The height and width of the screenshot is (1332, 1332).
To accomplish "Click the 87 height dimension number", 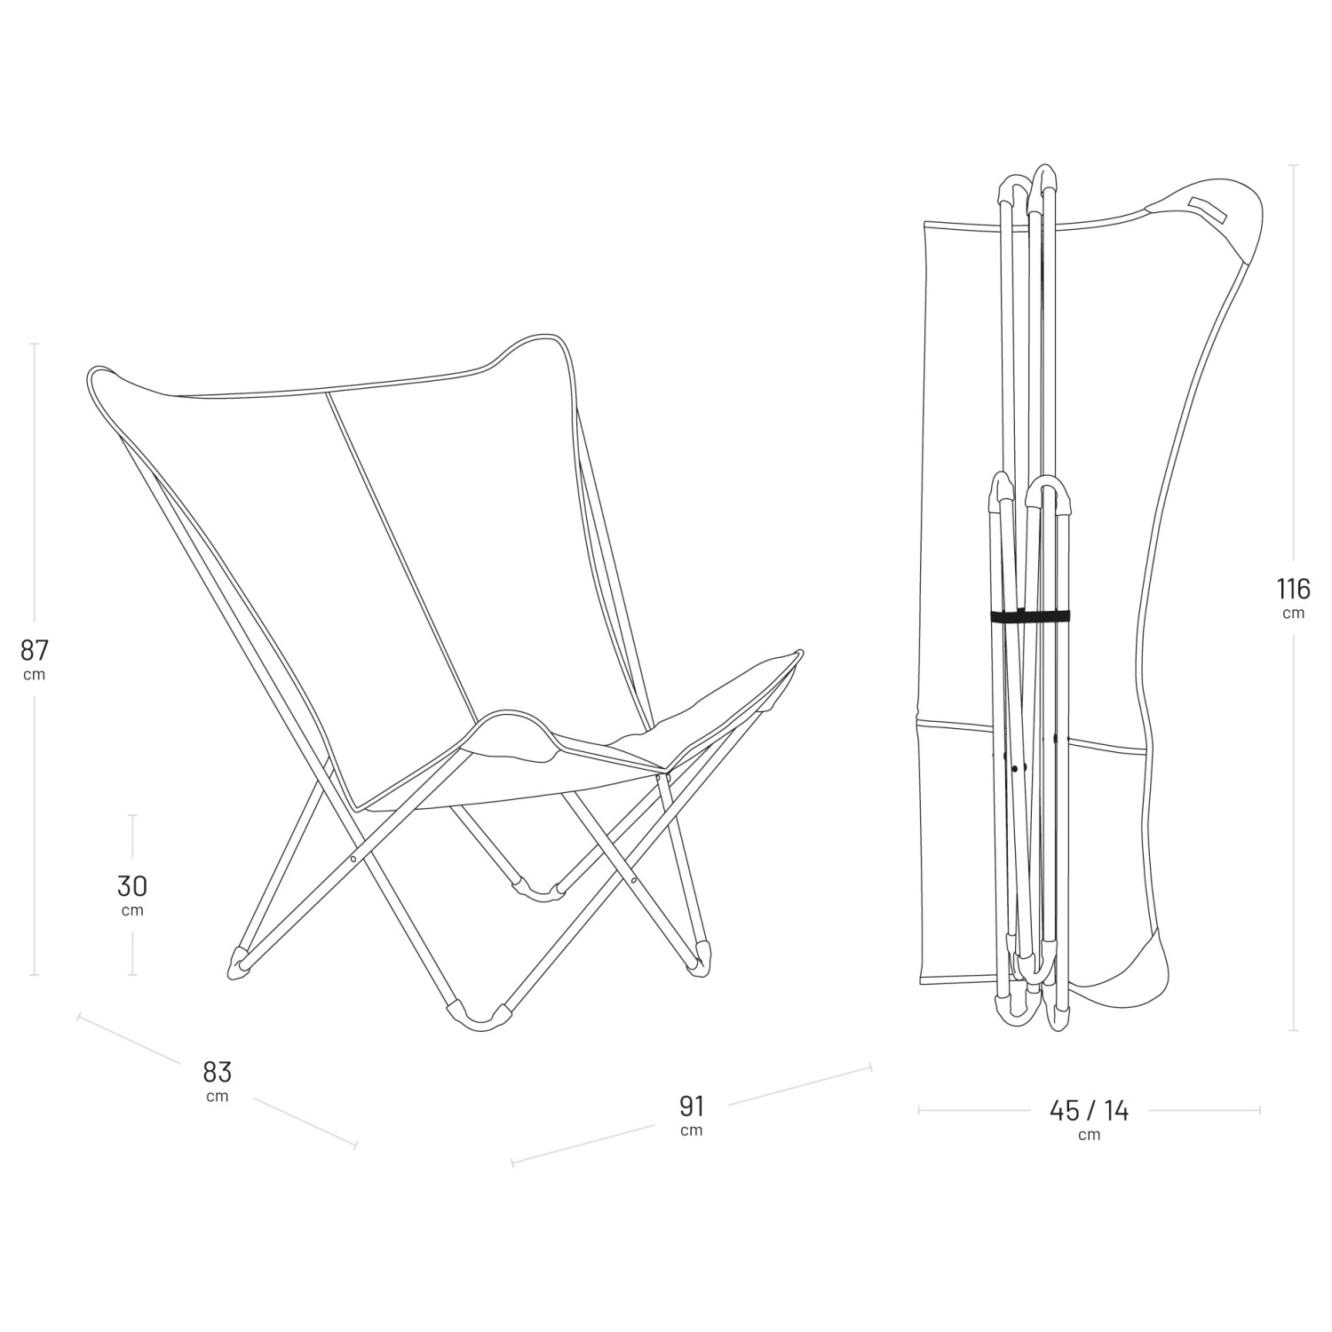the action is tap(34, 650).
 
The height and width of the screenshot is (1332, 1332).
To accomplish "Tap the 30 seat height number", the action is tap(132, 885).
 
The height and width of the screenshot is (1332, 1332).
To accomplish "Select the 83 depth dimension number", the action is tap(218, 1071).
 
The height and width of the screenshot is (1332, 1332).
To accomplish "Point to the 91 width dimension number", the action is tap(692, 1106).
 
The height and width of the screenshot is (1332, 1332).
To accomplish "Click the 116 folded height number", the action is tap(1293, 589).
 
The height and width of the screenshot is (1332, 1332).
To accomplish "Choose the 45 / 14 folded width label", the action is tap(1089, 1110).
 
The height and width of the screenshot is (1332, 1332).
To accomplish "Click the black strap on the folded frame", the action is tap(1030, 617).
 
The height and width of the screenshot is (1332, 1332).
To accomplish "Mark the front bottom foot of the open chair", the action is tap(480, 1018).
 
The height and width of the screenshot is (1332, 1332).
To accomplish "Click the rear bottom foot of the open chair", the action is tap(539, 889).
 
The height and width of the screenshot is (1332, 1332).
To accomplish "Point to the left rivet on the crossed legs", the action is tap(353, 859).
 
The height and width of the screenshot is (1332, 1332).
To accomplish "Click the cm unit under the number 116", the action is tap(1293, 614).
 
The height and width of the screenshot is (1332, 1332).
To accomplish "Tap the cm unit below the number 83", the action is tap(218, 1096).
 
